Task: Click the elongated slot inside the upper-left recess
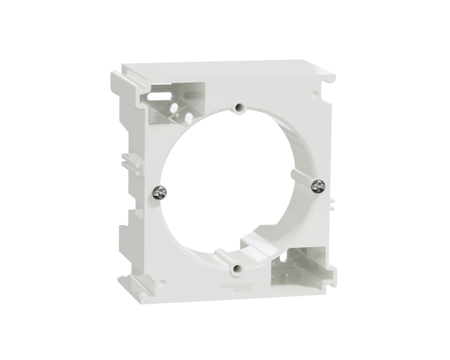pyautogui.click(x=158, y=94)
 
